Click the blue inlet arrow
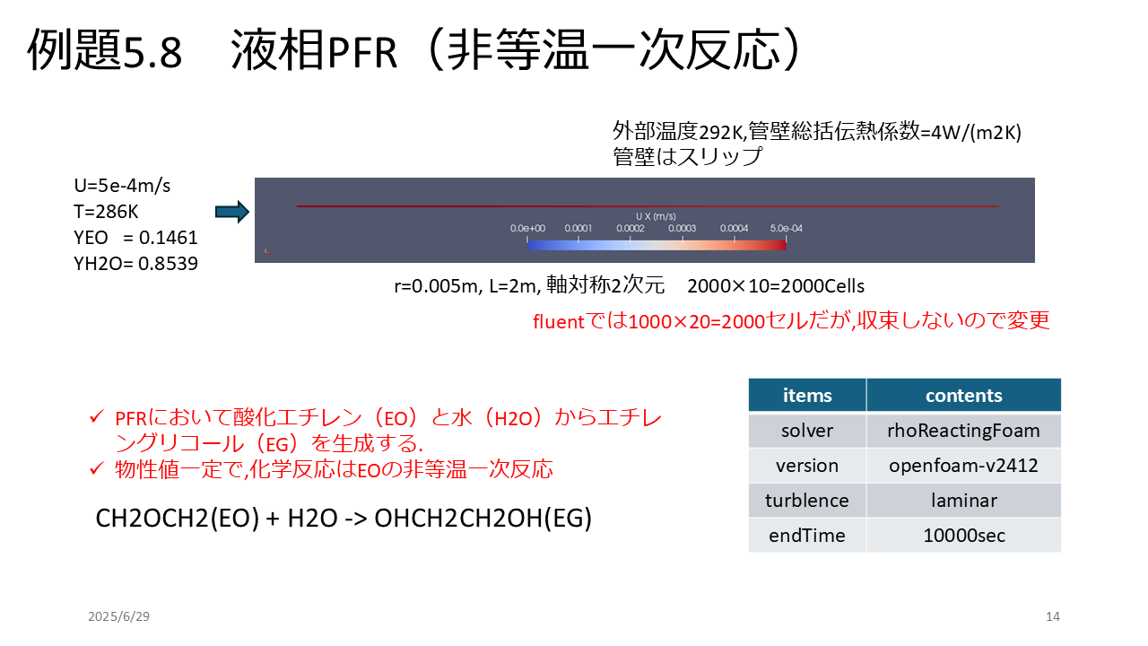click(232, 212)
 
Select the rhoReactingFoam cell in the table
click(963, 431)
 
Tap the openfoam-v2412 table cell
click(963, 466)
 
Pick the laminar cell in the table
click(963, 501)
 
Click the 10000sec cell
click(963, 536)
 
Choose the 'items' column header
click(807, 396)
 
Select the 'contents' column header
click(963, 396)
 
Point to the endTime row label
click(806, 536)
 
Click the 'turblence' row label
click(806, 501)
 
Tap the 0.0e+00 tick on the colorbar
click(527, 228)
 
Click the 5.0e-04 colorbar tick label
click(787, 228)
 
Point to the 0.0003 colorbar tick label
click(682, 228)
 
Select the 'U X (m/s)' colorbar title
click(656, 216)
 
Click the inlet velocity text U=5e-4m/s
click(122, 186)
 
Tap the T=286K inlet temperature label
click(106, 212)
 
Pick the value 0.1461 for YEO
click(168, 238)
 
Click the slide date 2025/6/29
click(119, 616)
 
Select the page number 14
click(1053, 616)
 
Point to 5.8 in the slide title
click(152, 52)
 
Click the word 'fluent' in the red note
click(559, 322)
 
